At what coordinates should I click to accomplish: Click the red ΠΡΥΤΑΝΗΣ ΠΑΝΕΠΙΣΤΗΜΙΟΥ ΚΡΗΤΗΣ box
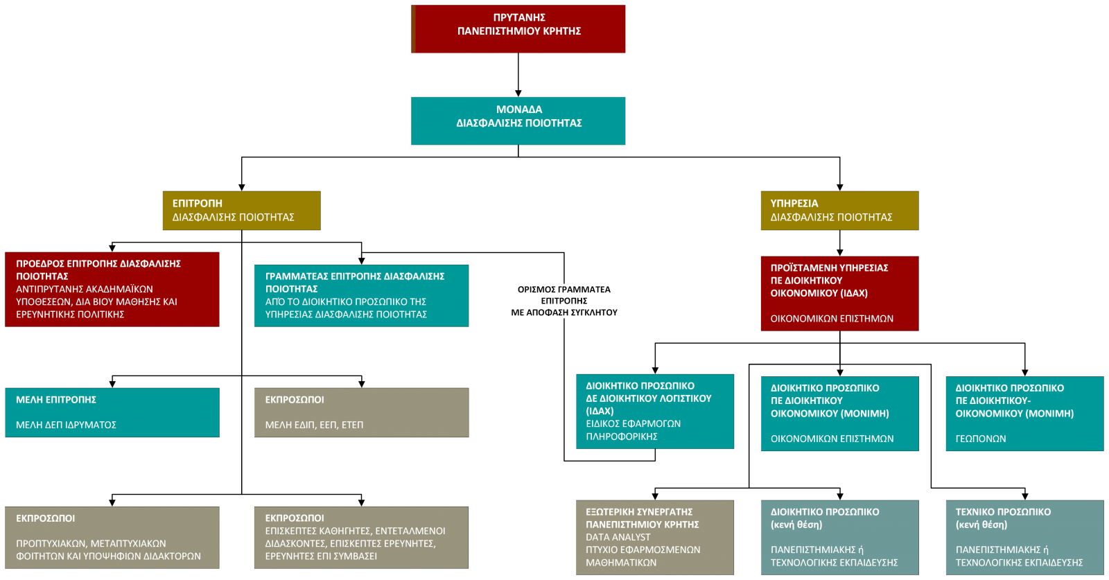click(518, 28)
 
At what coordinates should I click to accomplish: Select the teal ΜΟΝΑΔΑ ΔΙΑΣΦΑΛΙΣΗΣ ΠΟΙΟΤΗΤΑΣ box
click(518, 121)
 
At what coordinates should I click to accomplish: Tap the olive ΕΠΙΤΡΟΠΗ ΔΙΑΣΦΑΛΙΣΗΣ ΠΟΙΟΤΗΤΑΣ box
click(242, 211)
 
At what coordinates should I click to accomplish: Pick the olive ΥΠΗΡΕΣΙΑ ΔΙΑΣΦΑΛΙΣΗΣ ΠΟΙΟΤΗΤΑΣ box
click(839, 211)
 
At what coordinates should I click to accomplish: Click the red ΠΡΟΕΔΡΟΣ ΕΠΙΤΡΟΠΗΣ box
click(112, 289)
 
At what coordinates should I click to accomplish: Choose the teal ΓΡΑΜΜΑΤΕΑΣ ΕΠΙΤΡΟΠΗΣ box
click(361, 295)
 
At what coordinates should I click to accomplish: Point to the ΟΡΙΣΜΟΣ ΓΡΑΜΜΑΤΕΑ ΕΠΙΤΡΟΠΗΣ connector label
click(564, 300)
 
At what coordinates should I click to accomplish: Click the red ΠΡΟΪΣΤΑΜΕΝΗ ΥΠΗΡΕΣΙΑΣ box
click(839, 293)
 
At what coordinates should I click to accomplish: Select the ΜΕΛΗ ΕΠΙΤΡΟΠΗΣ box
click(112, 412)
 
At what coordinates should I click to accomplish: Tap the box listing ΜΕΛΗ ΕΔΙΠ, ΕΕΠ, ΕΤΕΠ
click(361, 412)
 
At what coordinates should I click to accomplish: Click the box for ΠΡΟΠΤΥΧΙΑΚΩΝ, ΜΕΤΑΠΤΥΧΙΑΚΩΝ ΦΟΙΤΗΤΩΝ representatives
click(112, 537)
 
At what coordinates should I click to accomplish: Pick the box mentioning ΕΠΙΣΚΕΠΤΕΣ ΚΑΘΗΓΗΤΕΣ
click(361, 537)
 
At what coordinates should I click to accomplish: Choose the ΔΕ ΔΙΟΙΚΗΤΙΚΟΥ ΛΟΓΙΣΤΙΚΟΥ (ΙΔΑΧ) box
click(655, 411)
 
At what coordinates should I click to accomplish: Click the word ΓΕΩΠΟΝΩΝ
click(981, 439)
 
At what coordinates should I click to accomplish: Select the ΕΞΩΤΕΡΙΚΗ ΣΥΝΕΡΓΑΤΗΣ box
click(655, 538)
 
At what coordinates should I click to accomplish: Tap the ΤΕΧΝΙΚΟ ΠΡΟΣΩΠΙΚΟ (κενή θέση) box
click(1025, 538)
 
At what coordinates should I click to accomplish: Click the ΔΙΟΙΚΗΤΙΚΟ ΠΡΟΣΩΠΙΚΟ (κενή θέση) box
click(839, 538)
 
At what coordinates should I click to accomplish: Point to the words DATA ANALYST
click(618, 537)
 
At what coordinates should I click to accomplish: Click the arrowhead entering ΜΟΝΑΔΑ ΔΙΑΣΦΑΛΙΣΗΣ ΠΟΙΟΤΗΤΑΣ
click(518, 94)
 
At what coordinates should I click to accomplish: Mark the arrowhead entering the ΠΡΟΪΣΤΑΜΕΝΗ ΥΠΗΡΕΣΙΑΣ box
click(839, 252)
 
